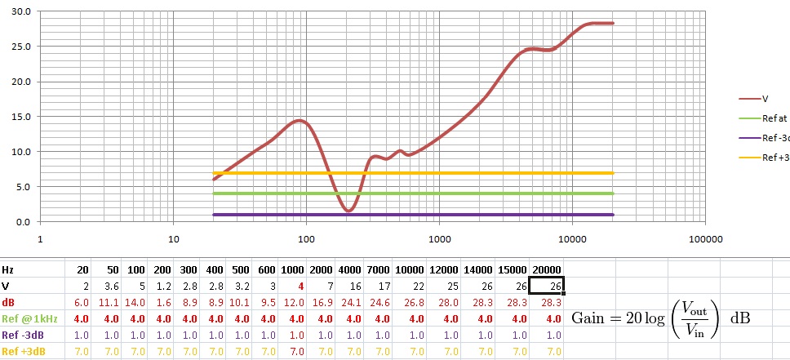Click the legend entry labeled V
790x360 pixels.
pos(765,98)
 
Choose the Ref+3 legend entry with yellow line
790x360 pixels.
pos(775,158)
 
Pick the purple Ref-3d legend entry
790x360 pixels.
pos(775,138)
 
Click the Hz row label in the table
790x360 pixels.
pos(9,270)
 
